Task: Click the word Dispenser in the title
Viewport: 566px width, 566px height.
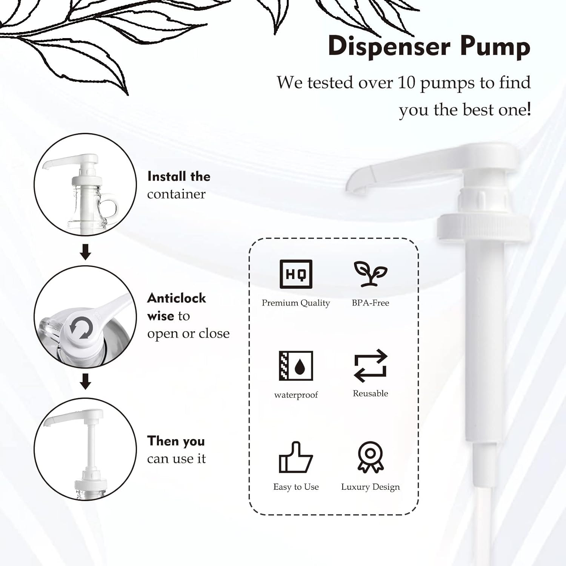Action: click(389, 46)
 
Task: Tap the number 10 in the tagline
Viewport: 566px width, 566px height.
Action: click(406, 83)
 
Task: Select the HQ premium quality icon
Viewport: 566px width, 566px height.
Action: click(296, 274)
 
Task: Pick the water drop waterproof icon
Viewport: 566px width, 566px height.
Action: click(296, 365)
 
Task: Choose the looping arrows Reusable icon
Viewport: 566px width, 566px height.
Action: click(371, 365)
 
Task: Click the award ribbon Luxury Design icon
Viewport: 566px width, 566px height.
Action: click(371, 457)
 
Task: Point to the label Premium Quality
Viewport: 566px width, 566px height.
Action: click(296, 303)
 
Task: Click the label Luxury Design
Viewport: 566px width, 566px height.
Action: click(371, 487)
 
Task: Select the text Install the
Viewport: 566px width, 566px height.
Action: click(178, 176)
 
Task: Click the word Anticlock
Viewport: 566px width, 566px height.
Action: click(177, 298)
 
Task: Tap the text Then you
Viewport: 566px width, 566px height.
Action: click(176, 441)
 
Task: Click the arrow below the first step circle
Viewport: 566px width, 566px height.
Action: click(86, 252)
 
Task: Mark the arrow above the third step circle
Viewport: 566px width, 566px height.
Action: click(86, 381)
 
